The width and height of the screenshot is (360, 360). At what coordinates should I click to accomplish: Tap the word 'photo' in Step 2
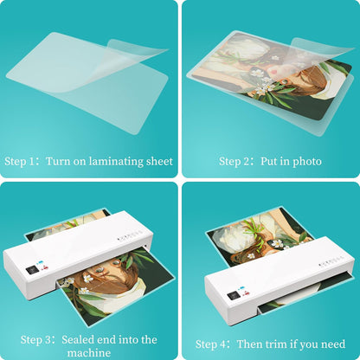pos(306,161)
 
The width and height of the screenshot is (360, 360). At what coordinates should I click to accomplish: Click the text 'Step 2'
pos(234,161)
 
